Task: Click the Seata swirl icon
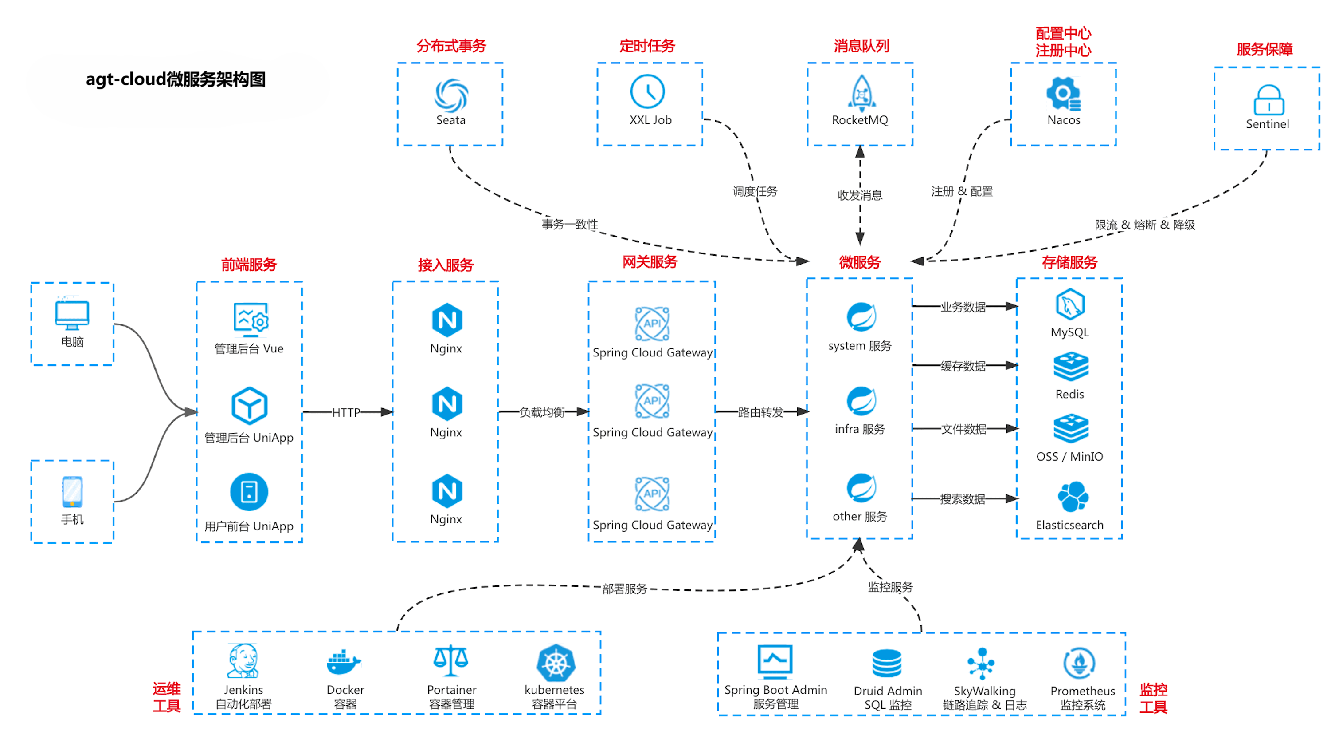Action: pyautogui.click(x=450, y=95)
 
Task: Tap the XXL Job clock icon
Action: pyautogui.click(x=647, y=91)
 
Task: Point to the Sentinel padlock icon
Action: pyautogui.click(x=1269, y=100)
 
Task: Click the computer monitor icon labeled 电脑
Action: pyautogui.click(x=72, y=315)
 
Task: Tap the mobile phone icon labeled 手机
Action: pyautogui.click(x=72, y=491)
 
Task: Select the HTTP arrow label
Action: pyautogui.click(x=346, y=412)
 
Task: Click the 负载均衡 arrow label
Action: pyautogui.click(x=542, y=412)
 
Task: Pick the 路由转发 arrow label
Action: pyautogui.click(x=760, y=412)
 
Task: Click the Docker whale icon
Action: pyautogui.click(x=344, y=662)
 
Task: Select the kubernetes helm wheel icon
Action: pyautogui.click(x=556, y=663)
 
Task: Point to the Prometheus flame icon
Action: pyautogui.click(x=1079, y=663)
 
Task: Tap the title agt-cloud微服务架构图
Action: pyautogui.click(x=176, y=79)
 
